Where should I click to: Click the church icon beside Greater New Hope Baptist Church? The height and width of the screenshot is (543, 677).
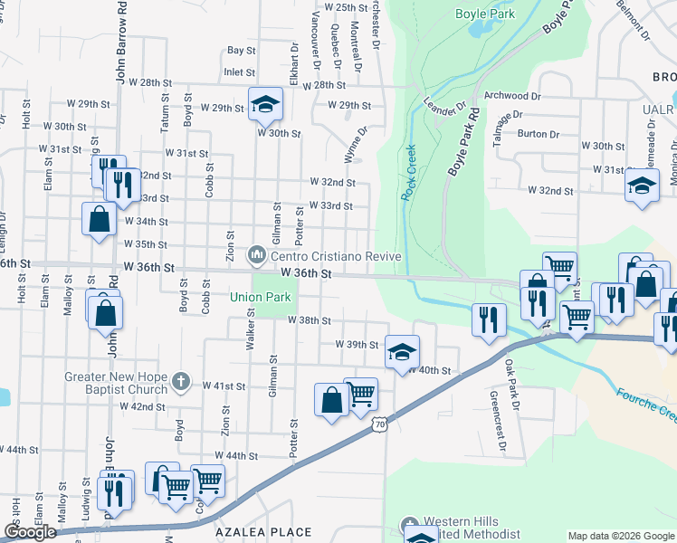pos(180,381)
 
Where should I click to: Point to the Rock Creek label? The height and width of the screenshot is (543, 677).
pos(408,173)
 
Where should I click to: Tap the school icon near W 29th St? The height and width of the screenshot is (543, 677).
pos(265,104)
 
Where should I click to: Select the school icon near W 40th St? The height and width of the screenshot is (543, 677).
pos(402,351)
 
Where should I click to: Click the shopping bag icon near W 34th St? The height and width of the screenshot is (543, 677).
pos(99,219)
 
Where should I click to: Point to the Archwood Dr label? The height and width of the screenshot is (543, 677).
pos(512,95)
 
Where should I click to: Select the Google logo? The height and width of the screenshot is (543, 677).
pos(30,532)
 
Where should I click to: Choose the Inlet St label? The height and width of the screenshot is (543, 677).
pos(239,71)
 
